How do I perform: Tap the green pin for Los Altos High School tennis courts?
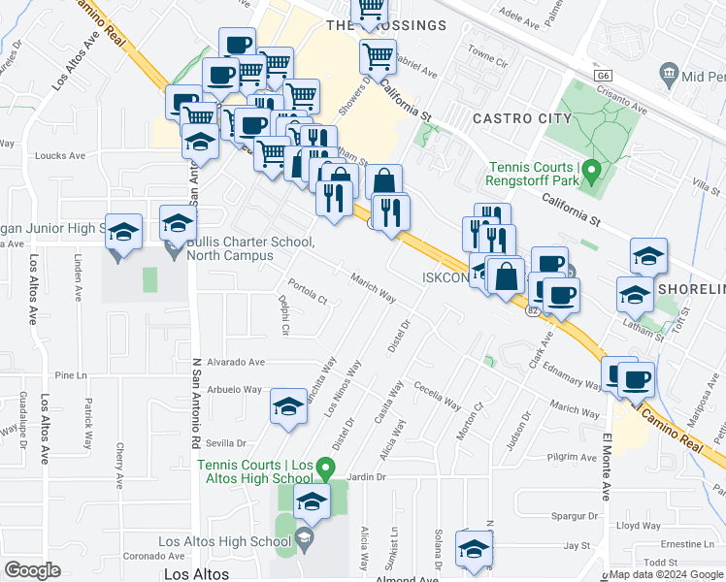(327, 470)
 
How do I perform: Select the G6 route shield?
(603, 75)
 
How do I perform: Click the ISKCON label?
(445, 276)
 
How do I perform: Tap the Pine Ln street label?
(71, 374)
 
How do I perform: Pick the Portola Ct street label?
(303, 296)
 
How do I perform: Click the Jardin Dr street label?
(367, 477)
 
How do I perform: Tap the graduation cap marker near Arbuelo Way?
(288, 407)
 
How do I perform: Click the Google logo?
(32, 570)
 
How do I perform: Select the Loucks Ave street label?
(59, 155)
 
